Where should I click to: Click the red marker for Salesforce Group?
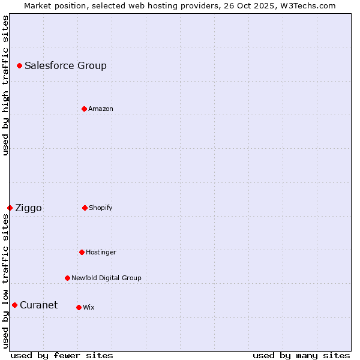pos(19,65)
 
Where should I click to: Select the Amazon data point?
pos(84,109)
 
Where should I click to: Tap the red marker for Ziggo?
pos(10,208)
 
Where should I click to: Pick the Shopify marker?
pos(85,208)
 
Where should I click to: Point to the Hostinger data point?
pos(82,252)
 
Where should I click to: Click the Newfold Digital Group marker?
pos(67,278)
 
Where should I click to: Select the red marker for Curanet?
pos(14,305)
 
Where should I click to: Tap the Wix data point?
pos(79,307)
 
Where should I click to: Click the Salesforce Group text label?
pos(65,65)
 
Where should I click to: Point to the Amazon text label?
pos(101,109)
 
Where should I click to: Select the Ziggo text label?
pos(28,208)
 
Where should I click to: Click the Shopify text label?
pos(101,208)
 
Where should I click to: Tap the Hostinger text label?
pos(101,252)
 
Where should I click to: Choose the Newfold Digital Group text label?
pos(106,278)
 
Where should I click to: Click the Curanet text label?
pos(38,305)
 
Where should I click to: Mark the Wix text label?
pos(89,307)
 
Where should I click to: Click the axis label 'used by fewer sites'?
pos(62,355)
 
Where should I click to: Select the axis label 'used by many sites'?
pos(301,355)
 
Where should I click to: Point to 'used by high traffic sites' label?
pos(5,85)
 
